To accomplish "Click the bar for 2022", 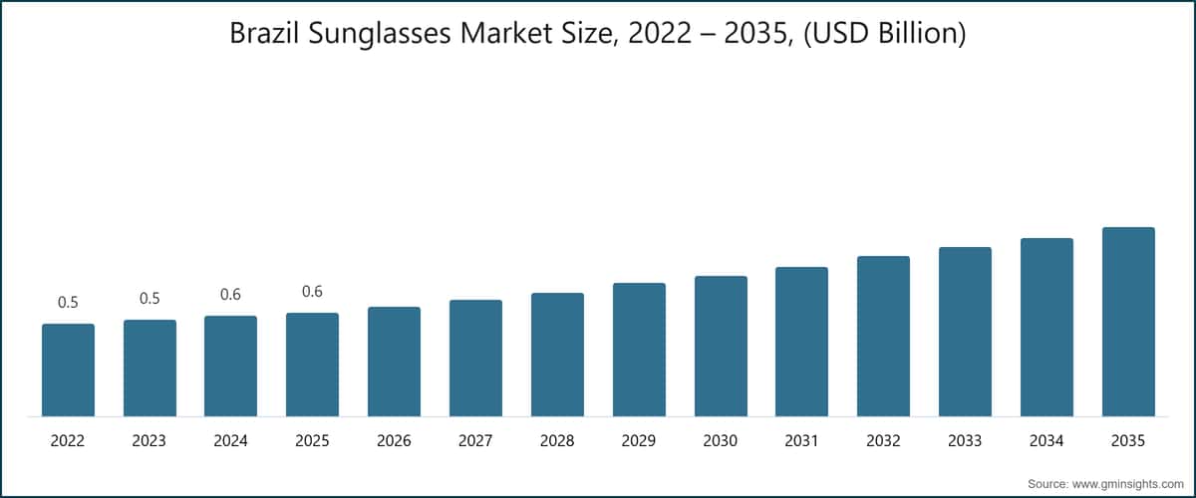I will coord(68,370).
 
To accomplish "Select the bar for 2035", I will coord(1128,322).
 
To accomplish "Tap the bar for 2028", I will coord(557,355).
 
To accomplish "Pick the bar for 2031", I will coord(801,342).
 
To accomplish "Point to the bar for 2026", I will coord(394,362).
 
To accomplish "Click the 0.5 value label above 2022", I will coord(68,303).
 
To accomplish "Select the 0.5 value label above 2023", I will coord(149,299).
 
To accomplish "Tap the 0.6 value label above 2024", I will coord(230,295).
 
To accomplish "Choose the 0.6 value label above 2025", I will coord(312,292).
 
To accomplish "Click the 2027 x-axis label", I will coord(475,440).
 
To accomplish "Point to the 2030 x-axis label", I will coord(720,440).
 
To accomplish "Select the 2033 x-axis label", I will coord(965,440).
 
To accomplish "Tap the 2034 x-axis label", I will coord(1046,440).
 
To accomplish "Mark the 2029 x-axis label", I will coord(639,440).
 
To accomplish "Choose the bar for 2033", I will coord(965,332).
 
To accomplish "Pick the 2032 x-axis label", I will coord(883,440).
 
